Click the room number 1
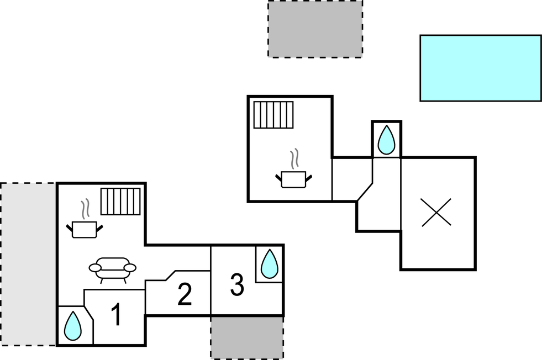click(x=117, y=314)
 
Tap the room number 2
click(x=185, y=294)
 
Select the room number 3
click(x=237, y=285)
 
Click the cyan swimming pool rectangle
click(x=481, y=68)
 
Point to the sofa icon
click(x=112, y=269)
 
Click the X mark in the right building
click(x=436, y=212)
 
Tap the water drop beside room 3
click(x=269, y=264)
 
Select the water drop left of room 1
click(x=73, y=326)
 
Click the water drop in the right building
click(x=386, y=140)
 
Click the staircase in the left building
click(x=120, y=202)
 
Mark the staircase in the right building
click(x=273, y=115)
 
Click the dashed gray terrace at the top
click(x=315, y=29)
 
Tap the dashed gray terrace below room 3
click(x=247, y=338)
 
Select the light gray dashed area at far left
click(x=28, y=264)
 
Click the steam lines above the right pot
click(x=294, y=159)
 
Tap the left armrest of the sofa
click(x=95, y=268)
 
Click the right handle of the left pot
click(x=99, y=228)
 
